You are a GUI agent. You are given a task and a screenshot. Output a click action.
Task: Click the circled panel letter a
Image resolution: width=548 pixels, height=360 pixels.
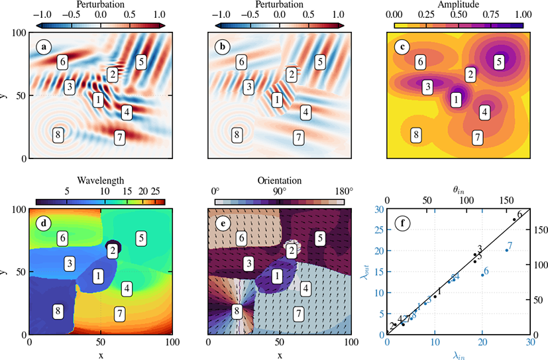point(44,48)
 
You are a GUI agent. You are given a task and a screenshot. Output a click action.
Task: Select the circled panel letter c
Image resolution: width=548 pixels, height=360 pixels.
point(402,48)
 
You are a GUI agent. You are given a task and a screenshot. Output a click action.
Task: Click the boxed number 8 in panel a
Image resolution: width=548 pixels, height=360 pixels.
point(58,134)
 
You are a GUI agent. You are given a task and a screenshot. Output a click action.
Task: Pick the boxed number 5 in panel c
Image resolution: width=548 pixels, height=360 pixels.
point(499,62)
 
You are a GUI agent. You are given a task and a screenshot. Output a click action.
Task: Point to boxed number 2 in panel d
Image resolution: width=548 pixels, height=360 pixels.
point(113,250)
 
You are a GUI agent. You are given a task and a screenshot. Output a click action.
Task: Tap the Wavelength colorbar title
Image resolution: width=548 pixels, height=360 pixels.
point(100,180)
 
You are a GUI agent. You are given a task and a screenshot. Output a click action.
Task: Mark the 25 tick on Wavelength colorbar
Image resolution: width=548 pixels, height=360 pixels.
point(156,191)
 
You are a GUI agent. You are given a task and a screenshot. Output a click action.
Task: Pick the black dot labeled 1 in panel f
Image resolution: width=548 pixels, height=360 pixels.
point(435,296)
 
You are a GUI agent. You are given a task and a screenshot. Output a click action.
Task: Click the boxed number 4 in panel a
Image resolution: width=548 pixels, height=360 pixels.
point(127,112)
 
